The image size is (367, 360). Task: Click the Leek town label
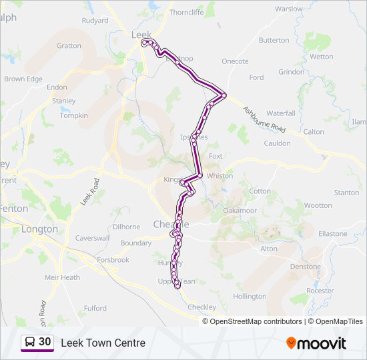tap(141, 35)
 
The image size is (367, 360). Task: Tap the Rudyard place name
tap(95, 21)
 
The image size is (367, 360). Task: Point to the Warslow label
tap(289, 9)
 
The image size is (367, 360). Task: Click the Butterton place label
tap(274, 41)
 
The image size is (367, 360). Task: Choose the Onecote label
tap(235, 61)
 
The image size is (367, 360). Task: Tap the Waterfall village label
tap(280, 113)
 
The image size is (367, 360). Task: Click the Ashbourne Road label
tap(264, 119)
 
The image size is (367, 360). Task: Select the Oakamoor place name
tap(240, 210)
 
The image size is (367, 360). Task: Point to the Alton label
tap(268, 249)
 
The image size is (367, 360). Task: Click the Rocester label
tap(320, 291)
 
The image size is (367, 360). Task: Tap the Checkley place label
tap(202, 307)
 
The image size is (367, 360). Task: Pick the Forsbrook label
tap(112, 260)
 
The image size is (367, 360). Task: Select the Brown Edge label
tap(23, 79)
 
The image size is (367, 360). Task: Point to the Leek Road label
tap(89, 191)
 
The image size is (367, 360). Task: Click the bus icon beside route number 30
tap(30, 343)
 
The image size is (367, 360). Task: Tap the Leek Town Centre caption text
tap(103, 343)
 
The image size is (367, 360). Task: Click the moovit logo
tap(316, 343)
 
